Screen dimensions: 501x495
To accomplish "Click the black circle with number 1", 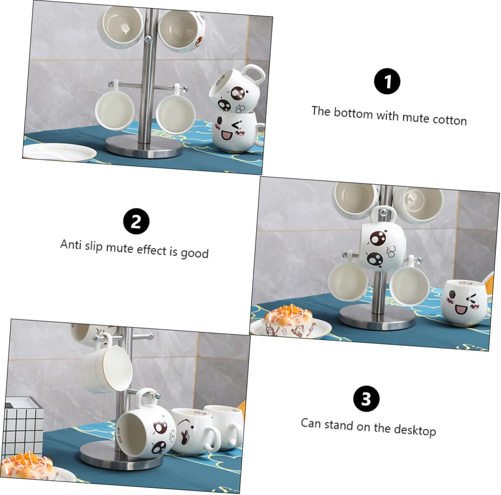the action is (387, 81).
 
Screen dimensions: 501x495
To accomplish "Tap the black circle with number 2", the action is (136, 221).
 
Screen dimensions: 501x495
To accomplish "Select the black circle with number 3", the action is (366, 398).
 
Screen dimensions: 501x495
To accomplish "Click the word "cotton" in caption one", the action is (450, 120).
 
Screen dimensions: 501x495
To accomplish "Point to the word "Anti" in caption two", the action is (71, 244).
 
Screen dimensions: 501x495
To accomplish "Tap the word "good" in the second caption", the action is (195, 253).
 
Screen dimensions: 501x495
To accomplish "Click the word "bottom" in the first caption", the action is (353, 113).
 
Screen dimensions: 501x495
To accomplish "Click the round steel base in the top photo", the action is (144, 147).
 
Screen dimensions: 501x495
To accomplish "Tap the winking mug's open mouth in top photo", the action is (227, 135).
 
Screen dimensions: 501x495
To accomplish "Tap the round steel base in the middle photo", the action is (377, 317).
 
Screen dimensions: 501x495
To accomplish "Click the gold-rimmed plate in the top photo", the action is (59, 153).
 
